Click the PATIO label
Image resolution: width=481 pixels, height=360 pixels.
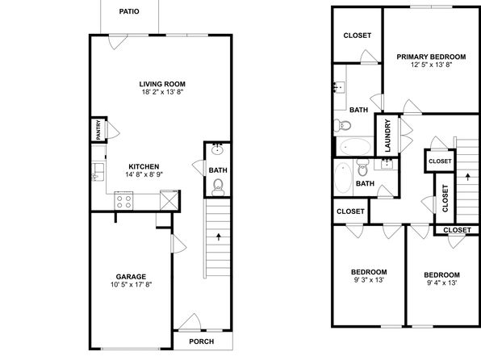pos(129,11)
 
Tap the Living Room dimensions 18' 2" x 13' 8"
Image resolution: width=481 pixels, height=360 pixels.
pos(162,92)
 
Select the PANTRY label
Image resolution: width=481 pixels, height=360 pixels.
pos(98,130)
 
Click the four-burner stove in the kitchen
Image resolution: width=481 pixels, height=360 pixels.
pos(124,201)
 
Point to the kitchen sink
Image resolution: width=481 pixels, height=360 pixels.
pos(98,172)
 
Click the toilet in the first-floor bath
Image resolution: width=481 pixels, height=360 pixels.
pos(218,187)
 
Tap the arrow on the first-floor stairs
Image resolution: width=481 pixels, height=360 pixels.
pos(219,237)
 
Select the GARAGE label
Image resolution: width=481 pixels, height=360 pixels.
pos(131,277)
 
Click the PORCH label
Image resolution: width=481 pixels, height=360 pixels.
pos(202,341)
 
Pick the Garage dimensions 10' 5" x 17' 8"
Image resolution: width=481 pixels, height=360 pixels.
pos(132,285)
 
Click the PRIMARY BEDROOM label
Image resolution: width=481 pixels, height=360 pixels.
pos(431,57)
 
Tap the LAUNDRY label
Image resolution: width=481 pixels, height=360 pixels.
pos(387,136)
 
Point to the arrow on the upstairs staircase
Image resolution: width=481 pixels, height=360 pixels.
pos(468,177)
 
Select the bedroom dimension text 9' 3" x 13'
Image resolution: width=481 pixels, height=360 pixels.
pos(369,280)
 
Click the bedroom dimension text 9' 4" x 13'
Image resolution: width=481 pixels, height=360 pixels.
pos(442,283)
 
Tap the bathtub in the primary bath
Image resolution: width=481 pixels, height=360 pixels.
pos(356,147)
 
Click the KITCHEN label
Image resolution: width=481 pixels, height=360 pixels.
pos(144,166)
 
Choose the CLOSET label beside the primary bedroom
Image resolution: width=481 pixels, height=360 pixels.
pos(358,36)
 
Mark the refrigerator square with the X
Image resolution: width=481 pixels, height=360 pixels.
pos(169,200)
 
